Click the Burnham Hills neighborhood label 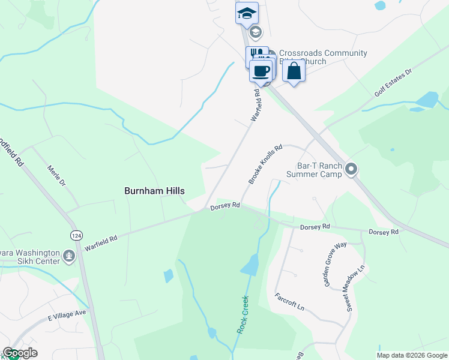(154, 191)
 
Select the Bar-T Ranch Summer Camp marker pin (352, 170)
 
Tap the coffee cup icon (261, 71)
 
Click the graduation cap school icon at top (246, 13)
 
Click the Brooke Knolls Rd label (265, 164)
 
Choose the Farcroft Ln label (289, 302)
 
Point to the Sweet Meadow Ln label (354, 287)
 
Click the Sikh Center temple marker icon (69, 257)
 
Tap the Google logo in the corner (20, 353)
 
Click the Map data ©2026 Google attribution (412, 355)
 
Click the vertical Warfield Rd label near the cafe (256, 106)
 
